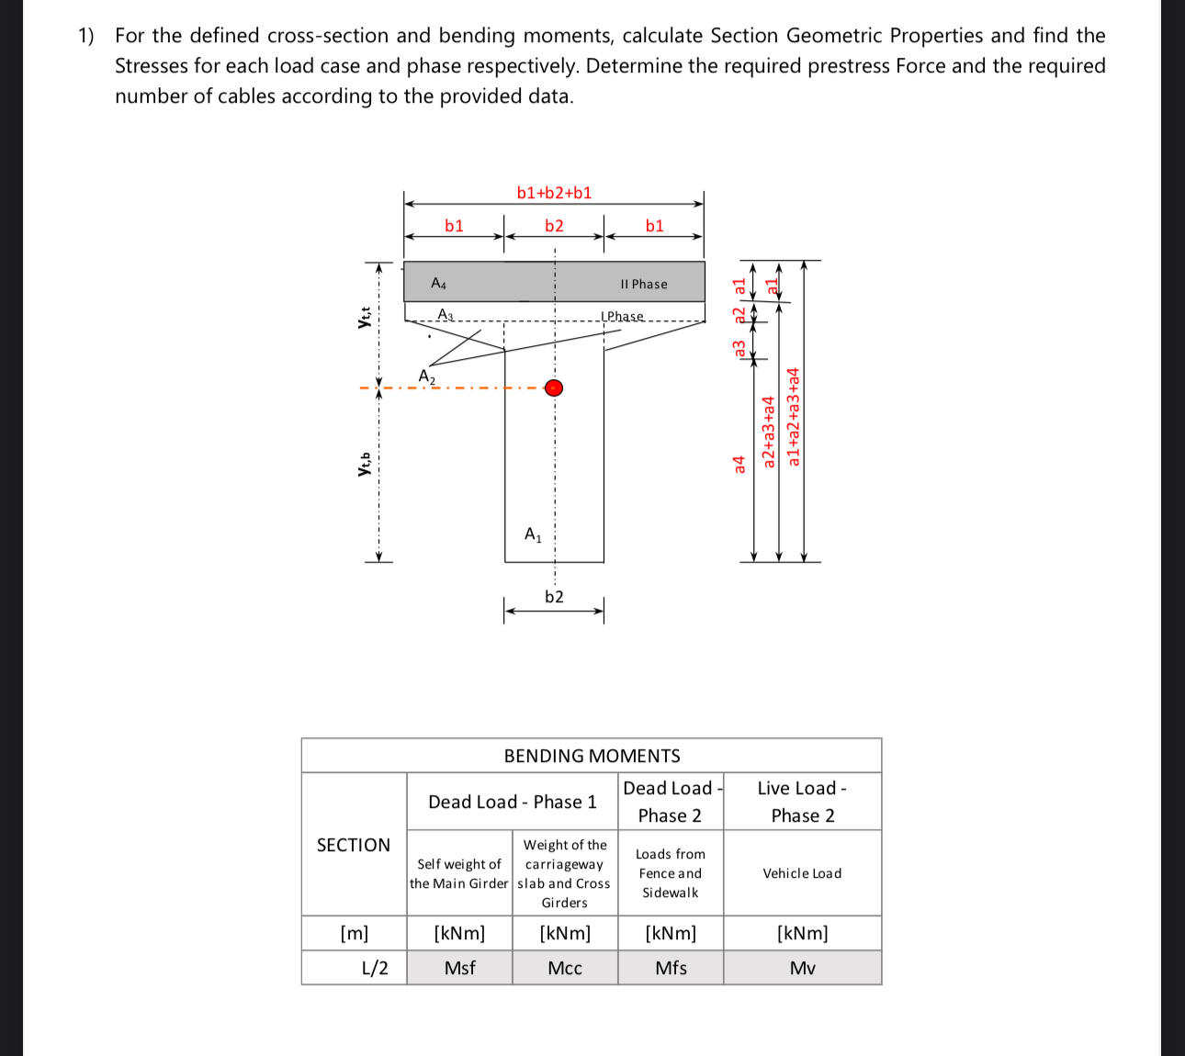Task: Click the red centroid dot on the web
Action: [x=553, y=388]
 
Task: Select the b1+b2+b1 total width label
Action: [x=554, y=193]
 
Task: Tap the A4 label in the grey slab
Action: [x=439, y=283]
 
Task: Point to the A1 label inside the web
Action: [x=533, y=534]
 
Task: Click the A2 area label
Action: [x=427, y=376]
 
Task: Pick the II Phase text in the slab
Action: [x=644, y=285]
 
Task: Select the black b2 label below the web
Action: [x=554, y=597]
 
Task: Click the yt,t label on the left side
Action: [x=365, y=317]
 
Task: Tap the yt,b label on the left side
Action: [x=365, y=464]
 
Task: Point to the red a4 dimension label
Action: [x=739, y=464]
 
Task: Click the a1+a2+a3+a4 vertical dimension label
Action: [x=795, y=417]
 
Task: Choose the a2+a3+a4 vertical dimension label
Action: [x=770, y=432]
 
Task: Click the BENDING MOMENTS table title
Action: [x=592, y=756]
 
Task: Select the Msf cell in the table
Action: [x=459, y=968]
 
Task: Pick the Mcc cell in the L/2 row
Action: [x=565, y=968]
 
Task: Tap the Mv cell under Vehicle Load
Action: [x=802, y=968]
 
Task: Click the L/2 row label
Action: [x=375, y=968]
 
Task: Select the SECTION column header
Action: [x=354, y=845]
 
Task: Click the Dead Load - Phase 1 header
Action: [x=513, y=802]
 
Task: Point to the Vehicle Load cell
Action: [x=802, y=873]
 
